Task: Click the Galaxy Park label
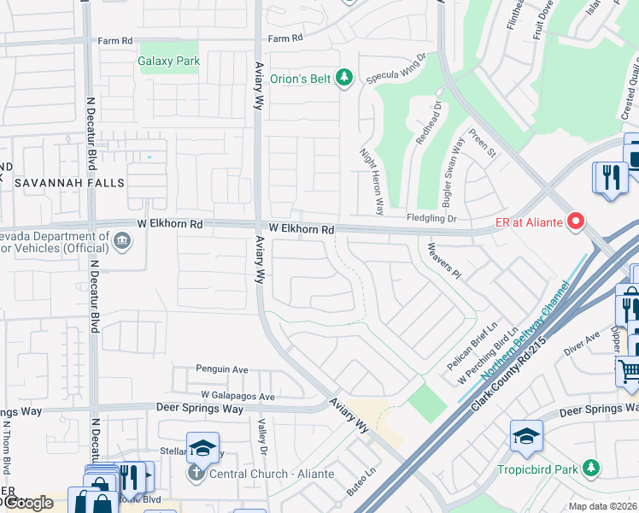168,61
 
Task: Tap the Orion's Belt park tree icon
344,79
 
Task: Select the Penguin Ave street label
221,369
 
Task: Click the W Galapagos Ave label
237,396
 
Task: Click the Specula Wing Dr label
396,68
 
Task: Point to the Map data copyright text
603,506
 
